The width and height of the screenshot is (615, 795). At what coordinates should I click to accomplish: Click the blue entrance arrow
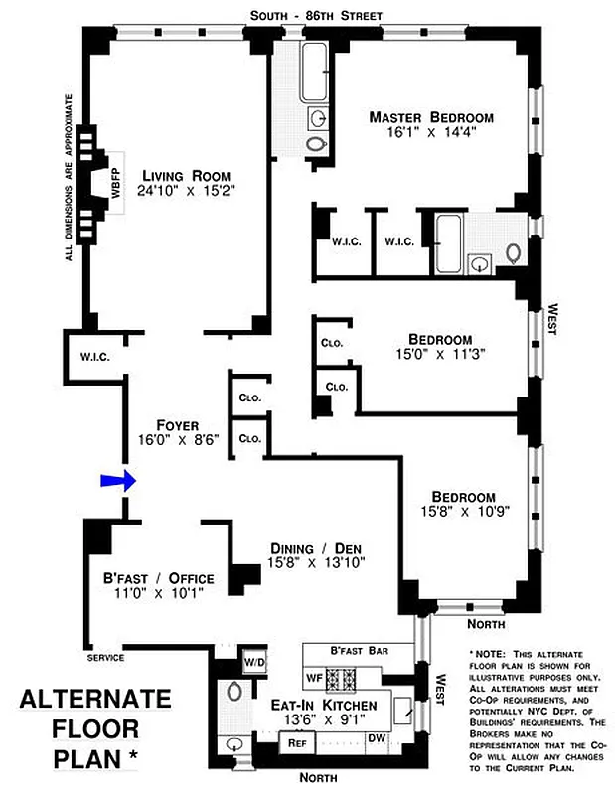[x=116, y=482]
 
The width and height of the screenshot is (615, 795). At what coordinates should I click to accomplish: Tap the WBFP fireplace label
[x=116, y=179]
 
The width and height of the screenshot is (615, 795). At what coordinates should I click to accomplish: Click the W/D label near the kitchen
[x=254, y=662]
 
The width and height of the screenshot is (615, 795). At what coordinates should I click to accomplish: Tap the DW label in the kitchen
[x=377, y=738]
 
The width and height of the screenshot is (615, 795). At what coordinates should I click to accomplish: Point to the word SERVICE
[x=105, y=658]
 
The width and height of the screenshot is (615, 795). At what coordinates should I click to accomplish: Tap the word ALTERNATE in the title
[x=95, y=700]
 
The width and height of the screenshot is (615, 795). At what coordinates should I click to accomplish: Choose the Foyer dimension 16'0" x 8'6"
[x=177, y=439]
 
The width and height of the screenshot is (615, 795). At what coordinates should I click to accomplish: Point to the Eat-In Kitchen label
[x=324, y=705]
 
